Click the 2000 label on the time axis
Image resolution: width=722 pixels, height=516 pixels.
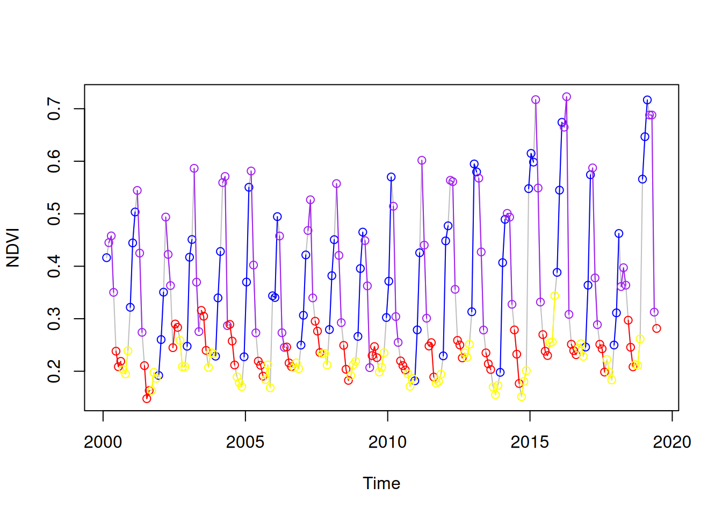(103, 442)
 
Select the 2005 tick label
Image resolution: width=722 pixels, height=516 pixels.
(245, 442)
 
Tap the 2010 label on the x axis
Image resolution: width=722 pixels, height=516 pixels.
(387, 442)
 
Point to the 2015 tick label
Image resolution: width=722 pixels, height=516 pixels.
(530, 442)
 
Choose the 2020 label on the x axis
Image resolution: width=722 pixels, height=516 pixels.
(672, 442)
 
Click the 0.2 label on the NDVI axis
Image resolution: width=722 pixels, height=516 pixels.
(54, 371)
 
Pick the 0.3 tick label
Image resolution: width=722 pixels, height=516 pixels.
(54, 319)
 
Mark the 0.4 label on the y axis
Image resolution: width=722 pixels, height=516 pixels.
(54, 266)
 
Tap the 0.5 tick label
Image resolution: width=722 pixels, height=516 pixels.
(54, 214)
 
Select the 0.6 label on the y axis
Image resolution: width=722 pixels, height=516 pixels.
(54, 161)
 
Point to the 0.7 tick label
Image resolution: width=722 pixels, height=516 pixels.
(54, 109)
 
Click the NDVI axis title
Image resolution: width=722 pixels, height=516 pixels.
(13, 247)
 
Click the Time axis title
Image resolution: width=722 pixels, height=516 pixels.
(381, 483)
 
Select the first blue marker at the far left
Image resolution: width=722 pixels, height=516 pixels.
(106, 257)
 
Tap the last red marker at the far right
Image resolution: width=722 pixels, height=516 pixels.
(656, 328)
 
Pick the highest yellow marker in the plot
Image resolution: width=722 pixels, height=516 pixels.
(555, 296)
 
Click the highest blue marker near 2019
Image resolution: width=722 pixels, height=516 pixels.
(647, 100)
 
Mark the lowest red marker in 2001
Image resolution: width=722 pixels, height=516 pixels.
(147, 399)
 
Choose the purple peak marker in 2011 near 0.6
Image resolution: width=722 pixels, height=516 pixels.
(422, 160)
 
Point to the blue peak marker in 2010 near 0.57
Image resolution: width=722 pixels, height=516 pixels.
(391, 177)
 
